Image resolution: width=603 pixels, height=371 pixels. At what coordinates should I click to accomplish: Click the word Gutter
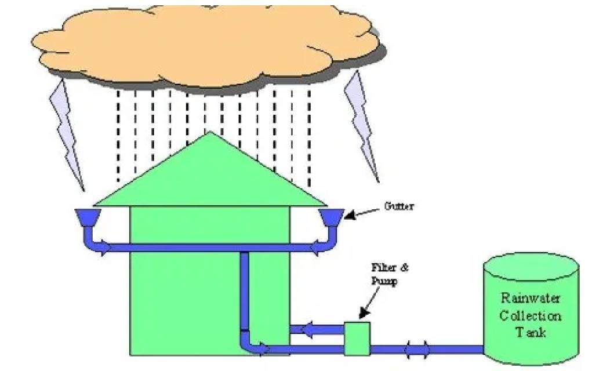[x=399, y=206]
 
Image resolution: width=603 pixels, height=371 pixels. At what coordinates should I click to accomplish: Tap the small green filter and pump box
[x=357, y=339]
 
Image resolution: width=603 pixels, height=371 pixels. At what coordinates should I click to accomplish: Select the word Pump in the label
[x=384, y=281]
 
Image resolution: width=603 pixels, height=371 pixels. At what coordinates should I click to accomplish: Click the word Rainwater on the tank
[x=531, y=298]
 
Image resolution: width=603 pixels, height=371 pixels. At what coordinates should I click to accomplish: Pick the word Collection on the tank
[x=531, y=315]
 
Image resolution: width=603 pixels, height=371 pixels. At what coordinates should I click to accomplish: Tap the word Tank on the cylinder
[x=531, y=332]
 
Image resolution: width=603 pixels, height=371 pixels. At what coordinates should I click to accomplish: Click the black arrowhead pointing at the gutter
[x=350, y=214]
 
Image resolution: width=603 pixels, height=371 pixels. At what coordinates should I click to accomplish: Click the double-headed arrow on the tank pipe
[x=417, y=350]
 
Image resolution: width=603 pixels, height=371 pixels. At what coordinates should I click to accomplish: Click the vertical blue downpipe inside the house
[x=244, y=296]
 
